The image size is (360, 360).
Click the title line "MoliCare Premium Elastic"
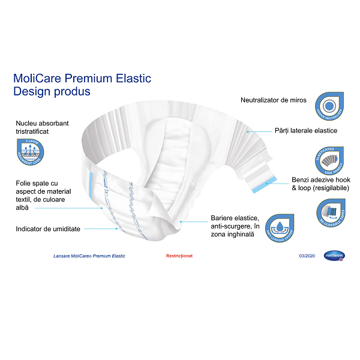tap(82, 79)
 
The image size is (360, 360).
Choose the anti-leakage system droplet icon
tap(280, 229)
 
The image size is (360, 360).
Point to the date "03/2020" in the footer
tap(307, 256)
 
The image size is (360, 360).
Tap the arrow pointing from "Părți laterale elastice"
tap(259, 131)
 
